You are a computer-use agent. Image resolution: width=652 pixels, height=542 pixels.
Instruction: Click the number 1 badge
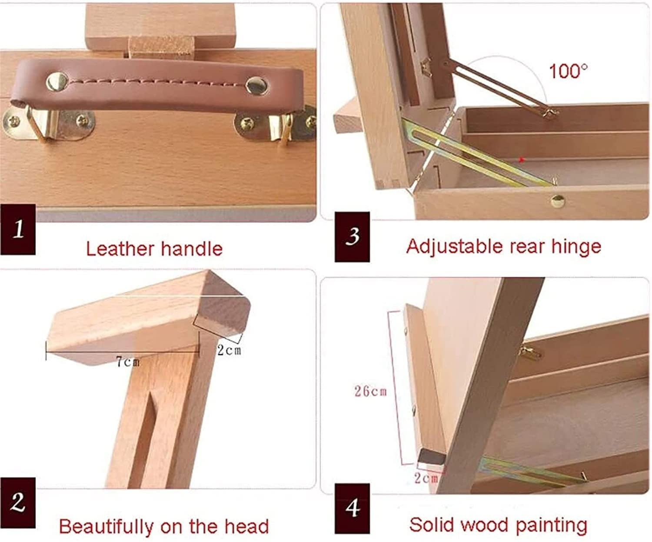pyautogui.click(x=18, y=229)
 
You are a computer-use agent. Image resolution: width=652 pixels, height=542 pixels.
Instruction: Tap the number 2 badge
pyautogui.click(x=18, y=503)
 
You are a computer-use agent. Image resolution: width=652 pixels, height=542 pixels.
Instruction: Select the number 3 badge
pyautogui.click(x=352, y=236)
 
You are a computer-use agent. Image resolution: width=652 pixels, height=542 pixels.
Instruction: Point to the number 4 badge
pyautogui.click(x=352, y=509)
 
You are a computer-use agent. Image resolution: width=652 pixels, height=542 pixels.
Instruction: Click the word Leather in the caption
pyautogui.click(x=120, y=249)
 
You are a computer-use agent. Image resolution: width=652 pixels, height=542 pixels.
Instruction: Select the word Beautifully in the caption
pyautogui.click(x=106, y=527)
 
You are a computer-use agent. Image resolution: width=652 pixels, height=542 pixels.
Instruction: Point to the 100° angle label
pyautogui.click(x=568, y=71)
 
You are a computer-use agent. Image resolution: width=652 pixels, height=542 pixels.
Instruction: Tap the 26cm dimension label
pyautogui.click(x=371, y=391)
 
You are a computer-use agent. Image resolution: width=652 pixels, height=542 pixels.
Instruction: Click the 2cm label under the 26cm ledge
pyautogui.click(x=426, y=478)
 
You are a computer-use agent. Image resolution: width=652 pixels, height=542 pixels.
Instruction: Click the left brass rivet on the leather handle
pyautogui.click(x=57, y=82)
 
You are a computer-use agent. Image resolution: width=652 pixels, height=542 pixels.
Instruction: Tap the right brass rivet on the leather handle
pyautogui.click(x=257, y=85)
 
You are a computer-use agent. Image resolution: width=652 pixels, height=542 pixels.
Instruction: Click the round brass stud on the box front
pyautogui.click(x=557, y=201)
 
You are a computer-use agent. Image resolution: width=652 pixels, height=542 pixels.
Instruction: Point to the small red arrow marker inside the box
pyautogui.click(x=521, y=160)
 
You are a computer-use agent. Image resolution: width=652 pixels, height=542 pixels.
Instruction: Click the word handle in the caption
pyautogui.click(x=192, y=249)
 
